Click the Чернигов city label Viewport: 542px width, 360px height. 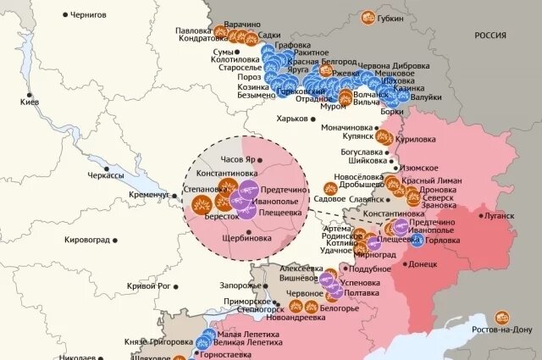(x=95, y=14)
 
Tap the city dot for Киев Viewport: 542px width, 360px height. (x=30, y=95)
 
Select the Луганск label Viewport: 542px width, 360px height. (x=499, y=215)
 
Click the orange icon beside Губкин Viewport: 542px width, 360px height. (x=368, y=16)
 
